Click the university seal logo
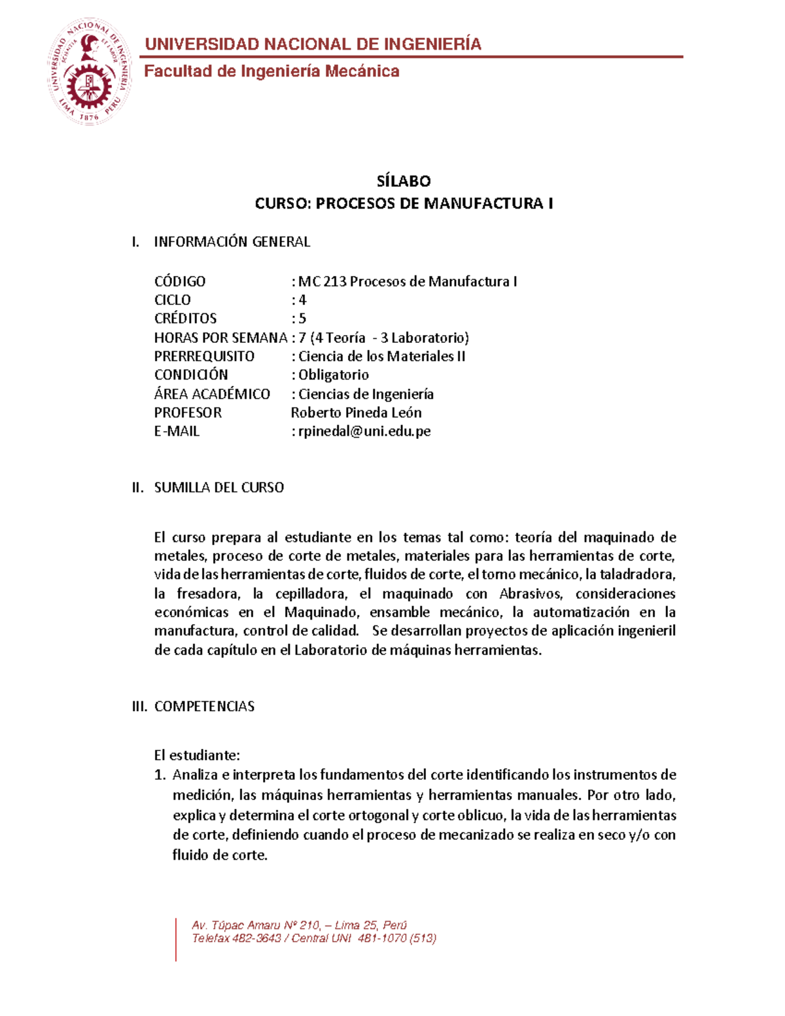point(89,71)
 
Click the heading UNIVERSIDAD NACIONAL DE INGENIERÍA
point(313,44)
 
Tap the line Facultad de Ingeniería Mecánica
point(271,71)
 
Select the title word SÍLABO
point(404,181)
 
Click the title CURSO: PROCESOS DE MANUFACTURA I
point(404,203)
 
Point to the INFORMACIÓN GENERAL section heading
point(232,242)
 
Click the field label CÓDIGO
point(180,281)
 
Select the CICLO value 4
point(302,300)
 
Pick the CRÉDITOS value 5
point(302,319)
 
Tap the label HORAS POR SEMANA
point(220,338)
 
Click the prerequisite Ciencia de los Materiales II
point(381,357)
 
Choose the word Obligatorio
point(334,375)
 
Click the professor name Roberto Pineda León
point(356,413)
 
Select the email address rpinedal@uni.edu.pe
point(364,432)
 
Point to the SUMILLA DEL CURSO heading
point(218,487)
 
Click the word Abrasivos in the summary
point(531,594)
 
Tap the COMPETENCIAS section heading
point(204,707)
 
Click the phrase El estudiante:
point(197,756)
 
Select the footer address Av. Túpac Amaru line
point(299,925)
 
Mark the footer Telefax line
point(313,938)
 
